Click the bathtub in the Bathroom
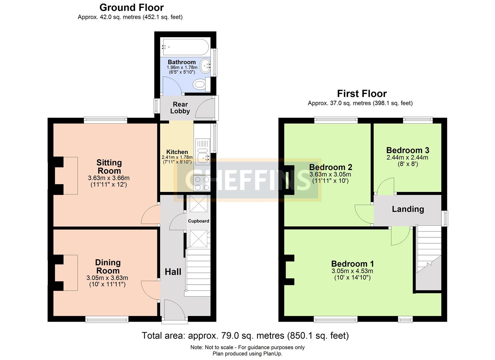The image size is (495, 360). pyautogui.click(x=185, y=47)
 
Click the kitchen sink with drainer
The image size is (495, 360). pyautogui.click(x=202, y=152)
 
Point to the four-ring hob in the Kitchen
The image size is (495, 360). pyautogui.click(x=202, y=183)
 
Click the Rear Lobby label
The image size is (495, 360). pyautogui.click(x=180, y=108)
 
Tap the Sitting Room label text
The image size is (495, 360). pyautogui.click(x=109, y=167)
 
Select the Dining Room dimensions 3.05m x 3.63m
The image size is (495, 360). pyautogui.click(x=107, y=278)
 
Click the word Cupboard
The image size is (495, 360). pyautogui.click(x=198, y=221)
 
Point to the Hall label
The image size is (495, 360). pyautogui.click(x=173, y=272)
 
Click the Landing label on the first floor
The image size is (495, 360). pyautogui.click(x=408, y=209)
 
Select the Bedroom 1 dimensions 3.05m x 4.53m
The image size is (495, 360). pyautogui.click(x=352, y=271)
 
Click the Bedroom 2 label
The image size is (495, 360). pyautogui.click(x=330, y=167)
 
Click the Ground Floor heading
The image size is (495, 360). pyautogui.click(x=132, y=8)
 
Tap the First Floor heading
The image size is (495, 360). pyautogui.click(x=362, y=94)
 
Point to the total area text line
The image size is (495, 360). pyautogui.click(x=245, y=335)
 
